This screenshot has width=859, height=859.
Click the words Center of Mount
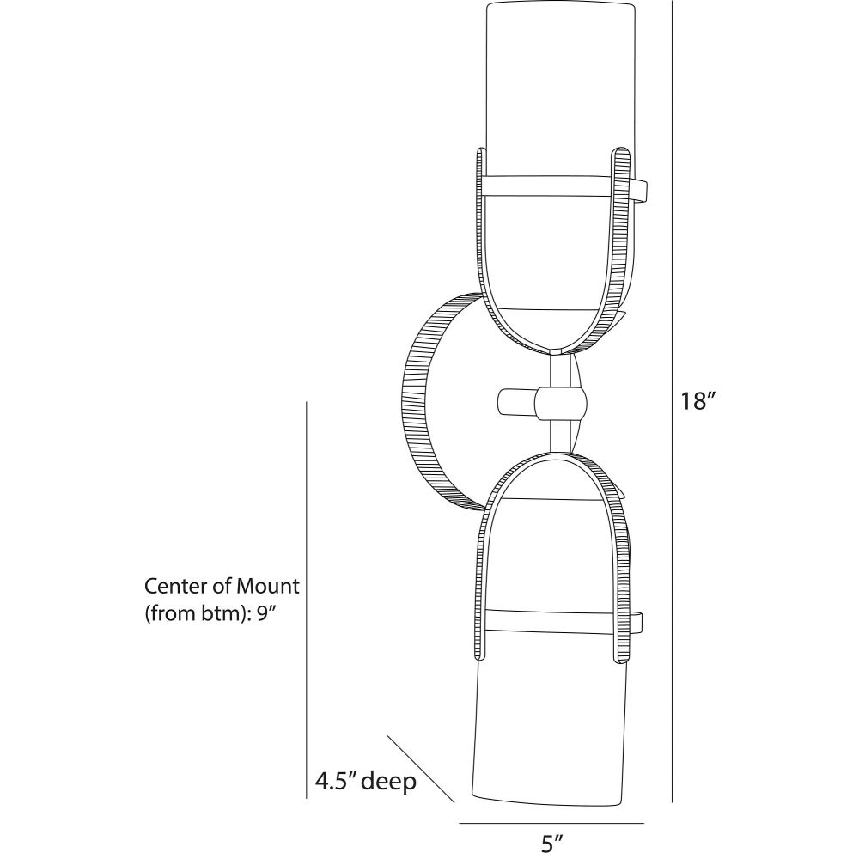pyautogui.click(x=222, y=587)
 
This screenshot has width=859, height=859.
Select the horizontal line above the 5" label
pyautogui.click(x=551, y=823)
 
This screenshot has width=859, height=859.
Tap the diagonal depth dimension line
pyautogui.click(x=421, y=768)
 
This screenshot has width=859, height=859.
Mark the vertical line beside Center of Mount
pyautogui.click(x=308, y=601)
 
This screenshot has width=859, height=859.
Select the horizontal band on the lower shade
pyautogui.click(x=550, y=621)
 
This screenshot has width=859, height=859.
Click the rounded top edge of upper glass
pyautogui.click(x=557, y=5)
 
